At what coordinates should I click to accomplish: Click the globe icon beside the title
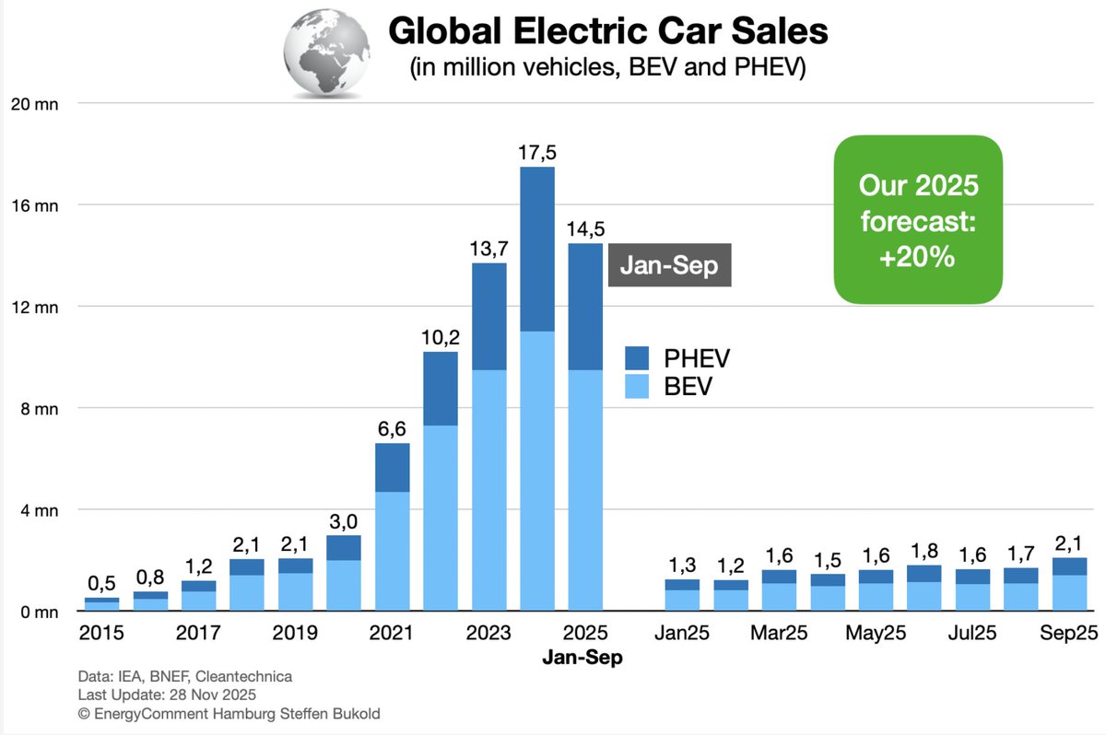click(x=326, y=52)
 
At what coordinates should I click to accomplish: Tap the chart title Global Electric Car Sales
click(x=607, y=30)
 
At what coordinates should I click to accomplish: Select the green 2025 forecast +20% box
click(x=918, y=219)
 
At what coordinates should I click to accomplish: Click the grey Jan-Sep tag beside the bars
click(x=669, y=265)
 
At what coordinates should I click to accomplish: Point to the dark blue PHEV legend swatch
click(x=637, y=358)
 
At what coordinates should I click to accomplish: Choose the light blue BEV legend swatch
click(x=637, y=386)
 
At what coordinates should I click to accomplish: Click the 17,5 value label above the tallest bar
click(x=537, y=153)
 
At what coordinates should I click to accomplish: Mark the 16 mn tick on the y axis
click(x=35, y=205)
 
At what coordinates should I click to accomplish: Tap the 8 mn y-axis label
click(x=40, y=409)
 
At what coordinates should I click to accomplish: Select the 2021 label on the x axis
click(x=391, y=633)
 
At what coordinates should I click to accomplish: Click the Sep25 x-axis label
click(x=1069, y=633)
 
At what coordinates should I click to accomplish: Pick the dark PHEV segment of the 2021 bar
click(x=392, y=468)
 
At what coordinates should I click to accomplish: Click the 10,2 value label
click(x=441, y=337)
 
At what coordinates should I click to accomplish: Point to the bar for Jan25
click(x=682, y=595)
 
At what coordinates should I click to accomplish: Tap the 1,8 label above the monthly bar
click(x=924, y=551)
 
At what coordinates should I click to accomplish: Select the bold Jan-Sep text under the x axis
click(x=582, y=658)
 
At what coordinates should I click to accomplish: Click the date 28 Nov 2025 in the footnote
click(x=212, y=694)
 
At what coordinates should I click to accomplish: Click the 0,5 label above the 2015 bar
click(x=101, y=584)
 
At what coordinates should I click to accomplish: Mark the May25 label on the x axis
click(x=876, y=634)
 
